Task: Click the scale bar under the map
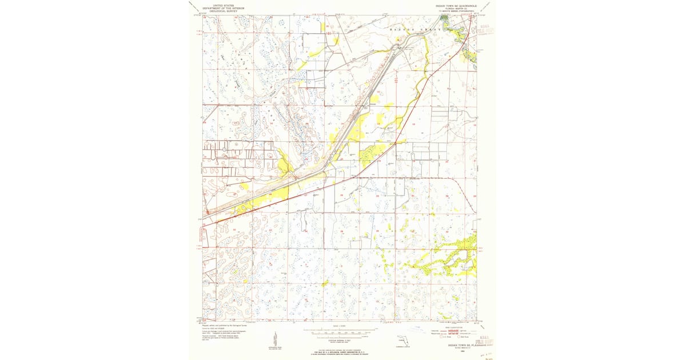[x=340, y=331]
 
